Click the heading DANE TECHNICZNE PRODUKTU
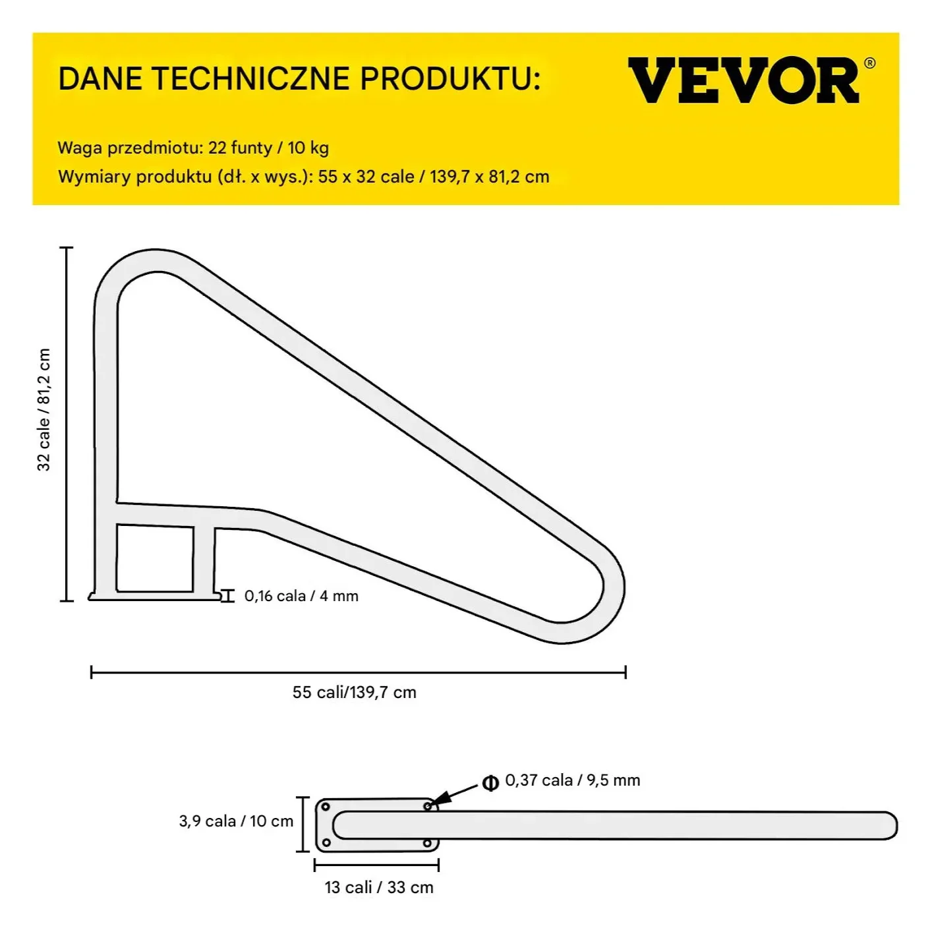(x=299, y=79)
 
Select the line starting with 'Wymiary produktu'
(x=303, y=177)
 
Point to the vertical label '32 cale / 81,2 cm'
(x=44, y=409)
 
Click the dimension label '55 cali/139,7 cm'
(x=355, y=692)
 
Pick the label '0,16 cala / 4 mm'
(x=301, y=596)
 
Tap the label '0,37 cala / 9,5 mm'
(x=572, y=780)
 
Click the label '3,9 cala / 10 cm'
(x=236, y=821)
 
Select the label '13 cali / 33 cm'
(x=379, y=887)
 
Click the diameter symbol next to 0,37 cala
(x=490, y=783)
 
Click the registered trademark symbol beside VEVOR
(x=869, y=63)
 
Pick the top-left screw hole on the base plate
(x=326, y=807)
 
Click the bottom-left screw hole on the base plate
(x=326, y=842)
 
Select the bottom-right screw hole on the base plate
(x=427, y=843)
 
